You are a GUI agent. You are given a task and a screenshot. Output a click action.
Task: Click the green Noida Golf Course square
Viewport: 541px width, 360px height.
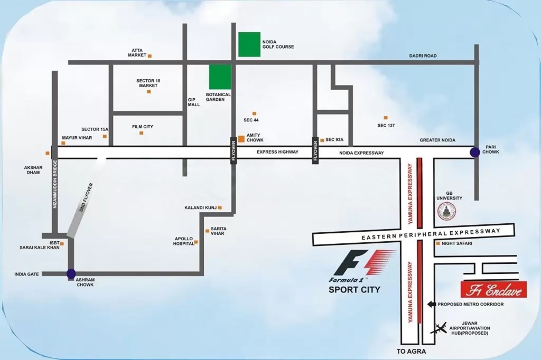[x=249, y=44]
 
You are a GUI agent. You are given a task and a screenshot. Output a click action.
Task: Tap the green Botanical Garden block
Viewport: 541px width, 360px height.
[x=220, y=77]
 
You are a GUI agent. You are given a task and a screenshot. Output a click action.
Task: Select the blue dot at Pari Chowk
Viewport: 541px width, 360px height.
[x=475, y=152]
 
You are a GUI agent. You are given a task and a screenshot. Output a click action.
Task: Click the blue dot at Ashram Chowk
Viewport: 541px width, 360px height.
[x=71, y=273]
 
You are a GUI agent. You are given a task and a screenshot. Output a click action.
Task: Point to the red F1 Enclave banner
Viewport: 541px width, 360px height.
[x=493, y=290]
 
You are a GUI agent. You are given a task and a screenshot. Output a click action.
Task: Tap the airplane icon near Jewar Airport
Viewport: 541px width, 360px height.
[x=439, y=328]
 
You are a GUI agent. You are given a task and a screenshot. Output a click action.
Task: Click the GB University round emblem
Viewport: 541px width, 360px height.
[x=446, y=212]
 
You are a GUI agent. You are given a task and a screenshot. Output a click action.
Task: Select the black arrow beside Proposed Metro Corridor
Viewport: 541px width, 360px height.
[x=431, y=304]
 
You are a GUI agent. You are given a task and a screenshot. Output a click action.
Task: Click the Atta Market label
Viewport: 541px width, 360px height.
[x=137, y=53]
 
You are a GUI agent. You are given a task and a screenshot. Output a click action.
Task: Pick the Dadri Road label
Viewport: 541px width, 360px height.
[x=423, y=55]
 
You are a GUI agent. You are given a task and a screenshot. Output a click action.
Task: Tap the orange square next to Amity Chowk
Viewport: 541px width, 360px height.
[x=241, y=139]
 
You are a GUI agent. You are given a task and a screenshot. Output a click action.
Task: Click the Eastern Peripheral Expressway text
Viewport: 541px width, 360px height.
[x=431, y=234]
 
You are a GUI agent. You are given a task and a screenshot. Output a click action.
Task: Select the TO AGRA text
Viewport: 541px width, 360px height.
[x=411, y=351]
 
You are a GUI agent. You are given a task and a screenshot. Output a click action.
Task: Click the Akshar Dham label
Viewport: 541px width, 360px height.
[x=33, y=170]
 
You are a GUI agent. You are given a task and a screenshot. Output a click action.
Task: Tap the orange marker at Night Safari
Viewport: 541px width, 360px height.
[x=437, y=243]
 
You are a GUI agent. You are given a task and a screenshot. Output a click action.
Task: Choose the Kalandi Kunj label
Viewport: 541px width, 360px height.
[x=201, y=207]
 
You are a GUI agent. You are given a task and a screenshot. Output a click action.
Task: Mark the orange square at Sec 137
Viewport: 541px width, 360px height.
[x=386, y=118]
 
